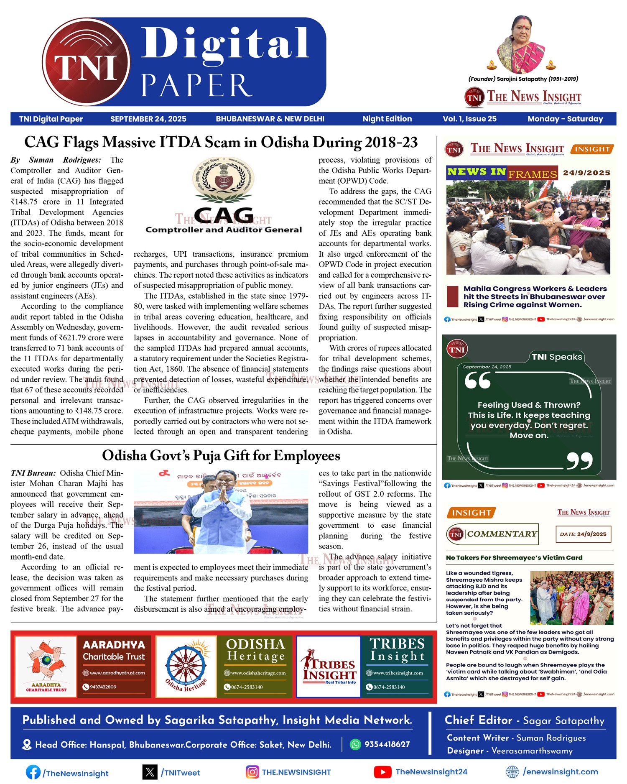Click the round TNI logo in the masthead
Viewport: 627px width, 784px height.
pyautogui.click(x=86, y=67)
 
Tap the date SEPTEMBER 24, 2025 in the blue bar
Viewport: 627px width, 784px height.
pyautogui.click(x=148, y=119)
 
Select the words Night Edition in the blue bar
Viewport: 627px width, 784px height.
pyautogui.click(x=387, y=119)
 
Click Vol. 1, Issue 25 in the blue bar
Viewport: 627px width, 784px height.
pyautogui.click(x=469, y=119)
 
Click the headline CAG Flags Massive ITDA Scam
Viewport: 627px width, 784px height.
pyautogui.click(x=221, y=142)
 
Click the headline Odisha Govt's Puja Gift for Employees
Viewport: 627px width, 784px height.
pyautogui.click(x=221, y=455)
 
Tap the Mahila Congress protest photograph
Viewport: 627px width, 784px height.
pyautogui.click(x=528, y=227)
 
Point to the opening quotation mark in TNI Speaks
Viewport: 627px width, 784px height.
pyautogui.click(x=477, y=381)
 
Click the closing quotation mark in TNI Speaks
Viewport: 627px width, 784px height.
pyautogui.click(x=580, y=460)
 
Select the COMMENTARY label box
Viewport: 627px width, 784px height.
pyautogui.click(x=492, y=534)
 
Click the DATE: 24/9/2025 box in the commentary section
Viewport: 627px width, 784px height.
pyautogui.click(x=583, y=534)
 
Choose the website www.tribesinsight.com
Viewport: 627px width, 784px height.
pyautogui.click(x=398, y=673)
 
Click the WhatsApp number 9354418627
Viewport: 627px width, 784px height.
pyautogui.click(x=387, y=744)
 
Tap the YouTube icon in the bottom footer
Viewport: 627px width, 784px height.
pyautogui.click(x=382, y=772)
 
